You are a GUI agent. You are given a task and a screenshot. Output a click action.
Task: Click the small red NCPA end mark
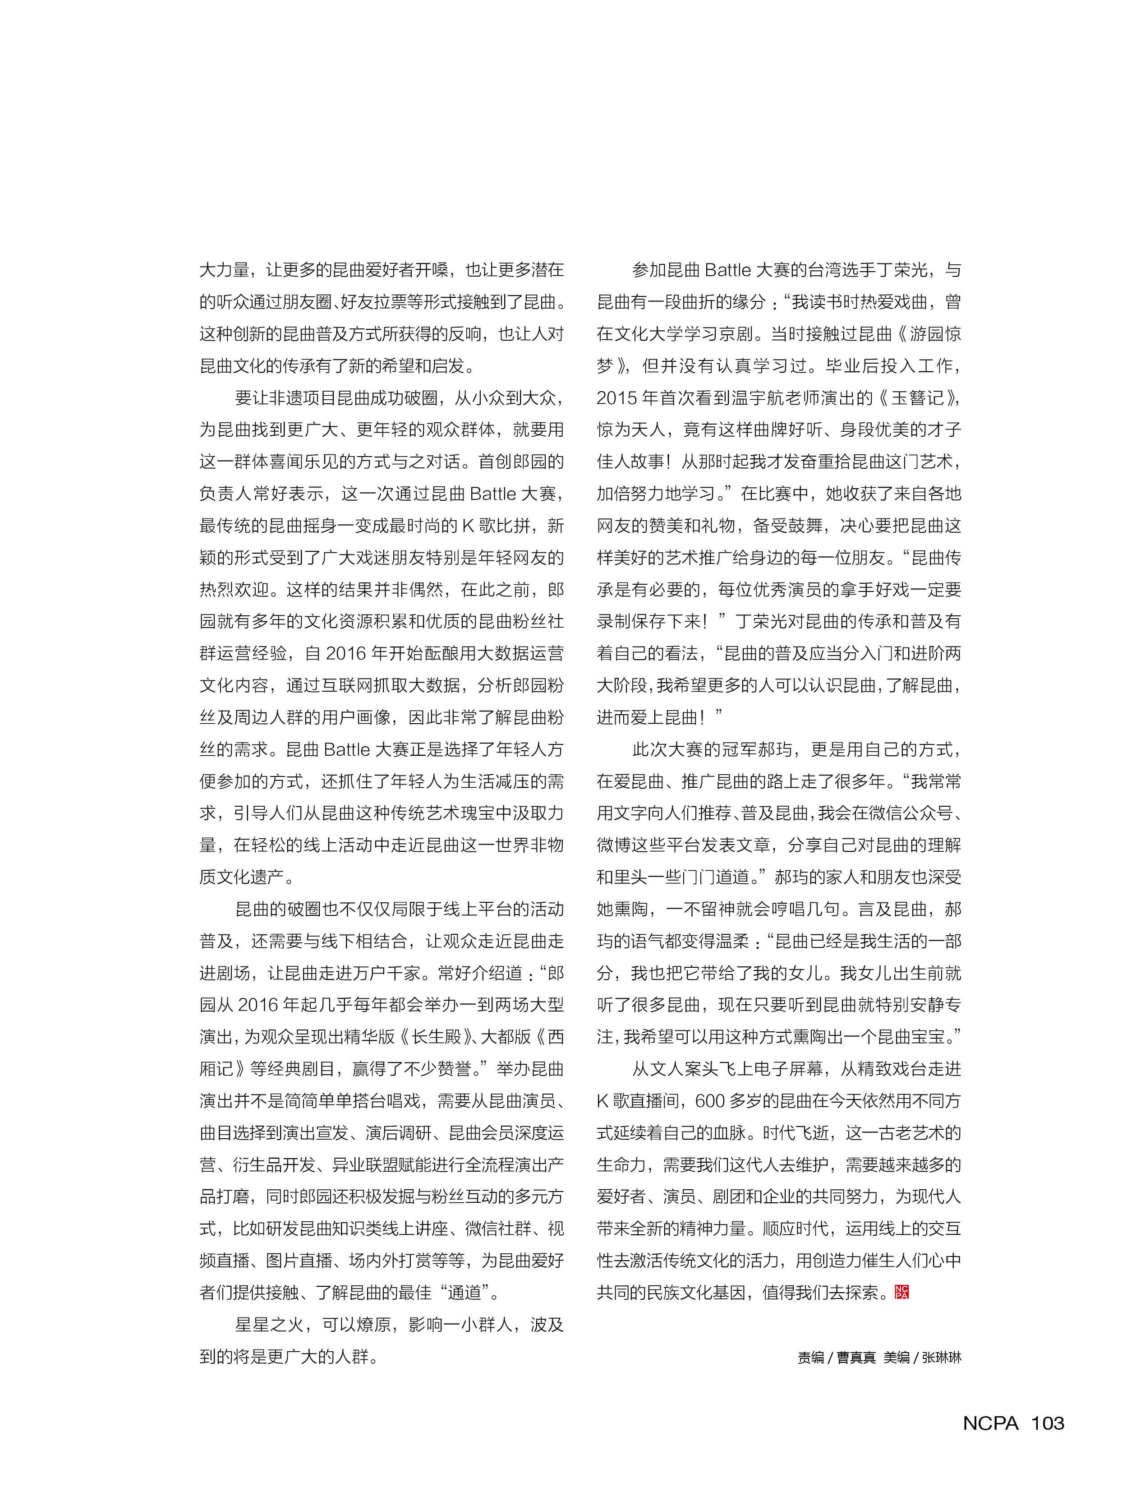tap(901, 1292)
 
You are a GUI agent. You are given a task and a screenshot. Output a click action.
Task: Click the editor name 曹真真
tap(856, 1357)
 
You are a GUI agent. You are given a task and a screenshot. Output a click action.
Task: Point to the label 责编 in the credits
tap(810, 1357)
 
